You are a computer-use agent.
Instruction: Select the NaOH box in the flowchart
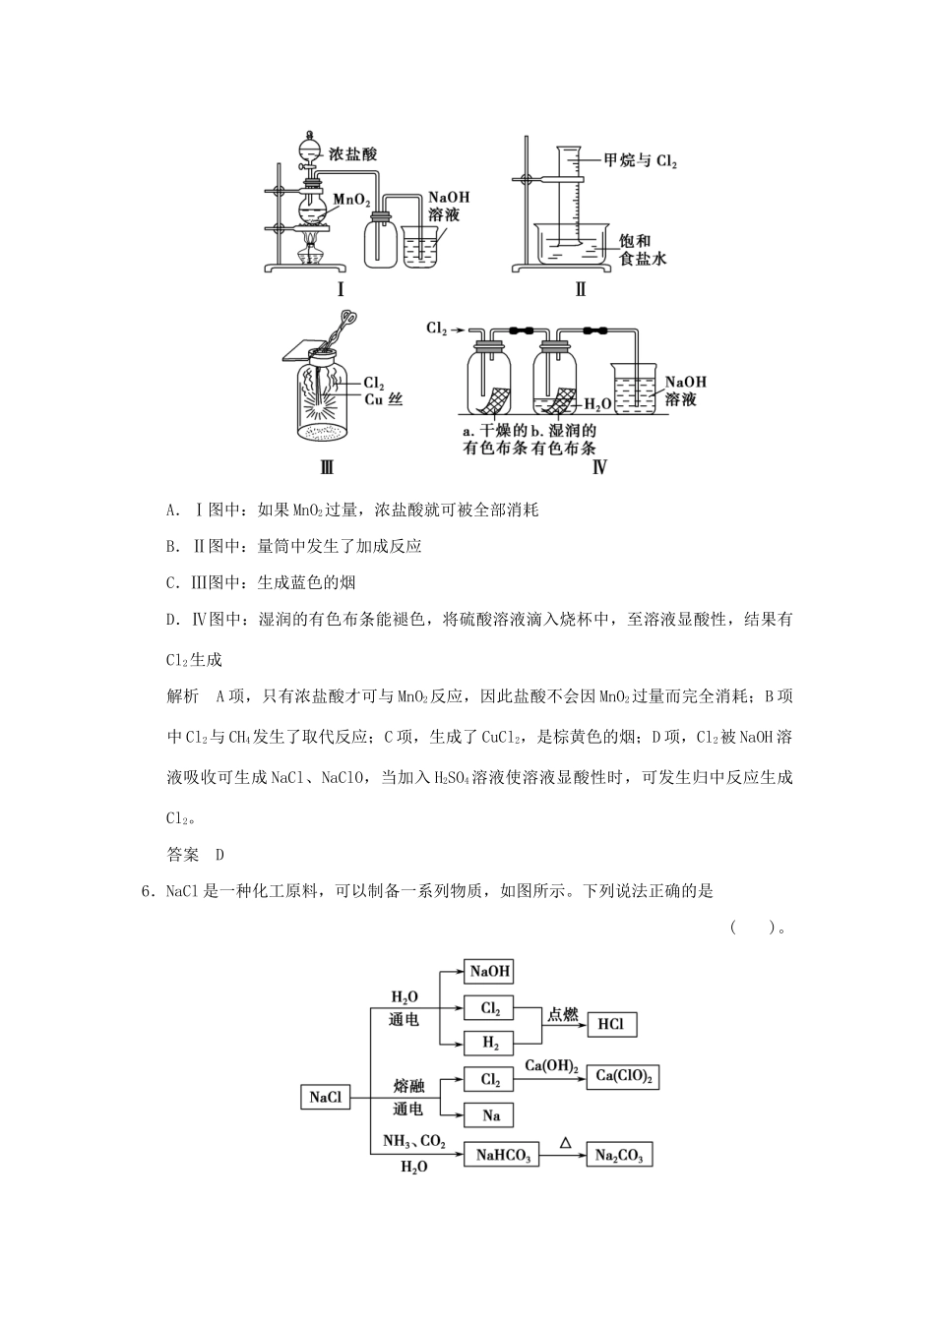pos(490,971)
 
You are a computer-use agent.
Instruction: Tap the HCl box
pos(611,1025)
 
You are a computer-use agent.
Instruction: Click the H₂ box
pos(490,1043)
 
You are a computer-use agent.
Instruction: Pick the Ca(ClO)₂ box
pos(624,1077)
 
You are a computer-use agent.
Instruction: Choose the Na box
pos(490,1115)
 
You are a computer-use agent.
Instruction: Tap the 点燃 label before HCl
pos(563,1014)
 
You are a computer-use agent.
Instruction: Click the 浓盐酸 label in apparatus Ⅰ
pos(353,153)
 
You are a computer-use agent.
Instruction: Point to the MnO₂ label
pos(351,200)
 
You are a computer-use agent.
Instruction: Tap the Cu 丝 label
pos(384,398)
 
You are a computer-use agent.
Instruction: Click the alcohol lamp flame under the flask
pos(312,242)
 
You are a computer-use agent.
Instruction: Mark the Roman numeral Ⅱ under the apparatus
pos(580,289)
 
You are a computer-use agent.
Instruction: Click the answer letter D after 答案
pos(220,855)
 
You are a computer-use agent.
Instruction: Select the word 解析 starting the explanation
pos(183,696)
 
